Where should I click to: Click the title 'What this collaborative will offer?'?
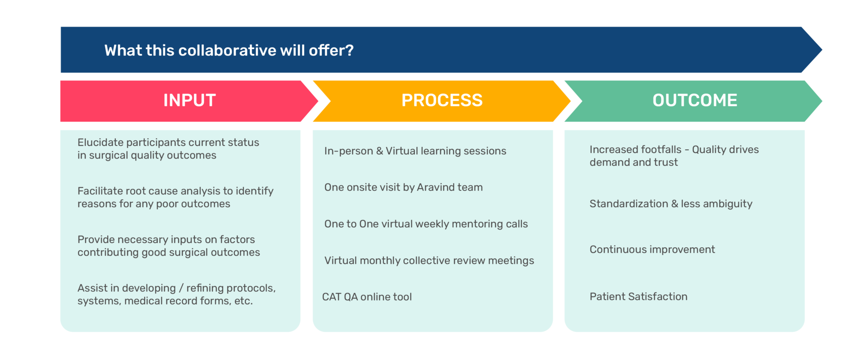[x=229, y=50]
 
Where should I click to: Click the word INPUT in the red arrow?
[x=189, y=100]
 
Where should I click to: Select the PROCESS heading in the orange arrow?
[x=442, y=100]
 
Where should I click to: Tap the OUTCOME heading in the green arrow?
[x=695, y=100]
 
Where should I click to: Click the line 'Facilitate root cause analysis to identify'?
[x=175, y=191]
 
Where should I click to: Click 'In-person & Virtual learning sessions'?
[x=415, y=151]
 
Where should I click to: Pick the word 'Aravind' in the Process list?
[x=433, y=187]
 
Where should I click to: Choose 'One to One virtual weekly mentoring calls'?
[x=426, y=224]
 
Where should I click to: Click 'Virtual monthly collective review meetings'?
[x=429, y=260]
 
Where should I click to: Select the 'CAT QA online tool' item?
[x=367, y=297]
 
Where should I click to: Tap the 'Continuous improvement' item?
[x=652, y=250]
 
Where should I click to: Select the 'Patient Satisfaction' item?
[x=639, y=297]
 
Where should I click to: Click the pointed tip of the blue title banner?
[x=822, y=50]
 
